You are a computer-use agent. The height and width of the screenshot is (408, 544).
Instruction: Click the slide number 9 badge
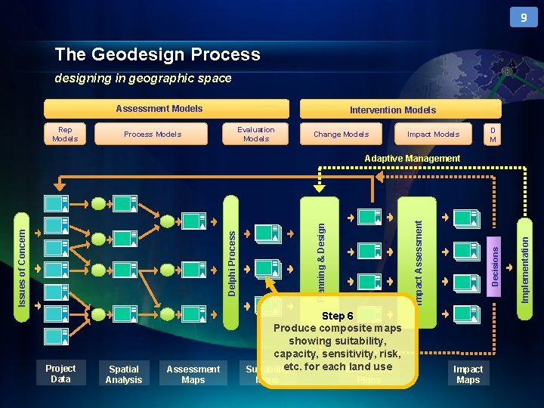[523, 17]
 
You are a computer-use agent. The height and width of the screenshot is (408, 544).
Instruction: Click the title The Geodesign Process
[157, 54]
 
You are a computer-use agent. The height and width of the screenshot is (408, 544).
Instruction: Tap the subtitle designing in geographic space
[143, 79]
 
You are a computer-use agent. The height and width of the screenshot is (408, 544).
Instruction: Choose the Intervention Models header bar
[392, 110]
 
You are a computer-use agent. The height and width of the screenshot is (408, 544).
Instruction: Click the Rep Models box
[65, 134]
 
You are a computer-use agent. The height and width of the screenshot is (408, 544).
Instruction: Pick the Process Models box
[153, 134]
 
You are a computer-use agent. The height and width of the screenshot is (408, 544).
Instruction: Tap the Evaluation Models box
[256, 134]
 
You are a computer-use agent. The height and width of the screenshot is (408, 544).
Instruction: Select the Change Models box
[341, 134]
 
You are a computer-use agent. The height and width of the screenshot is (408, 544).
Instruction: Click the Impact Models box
[433, 134]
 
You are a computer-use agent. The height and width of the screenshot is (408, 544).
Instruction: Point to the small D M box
[493, 134]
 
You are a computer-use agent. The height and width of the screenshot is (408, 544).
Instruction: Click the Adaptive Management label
[412, 159]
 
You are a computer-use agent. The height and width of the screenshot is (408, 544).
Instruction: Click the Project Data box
[60, 373]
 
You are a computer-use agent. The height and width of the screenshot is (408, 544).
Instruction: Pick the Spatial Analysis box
[124, 374]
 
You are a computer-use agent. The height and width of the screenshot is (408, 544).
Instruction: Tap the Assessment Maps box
[193, 374]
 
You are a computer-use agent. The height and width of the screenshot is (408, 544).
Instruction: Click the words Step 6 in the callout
[337, 316]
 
